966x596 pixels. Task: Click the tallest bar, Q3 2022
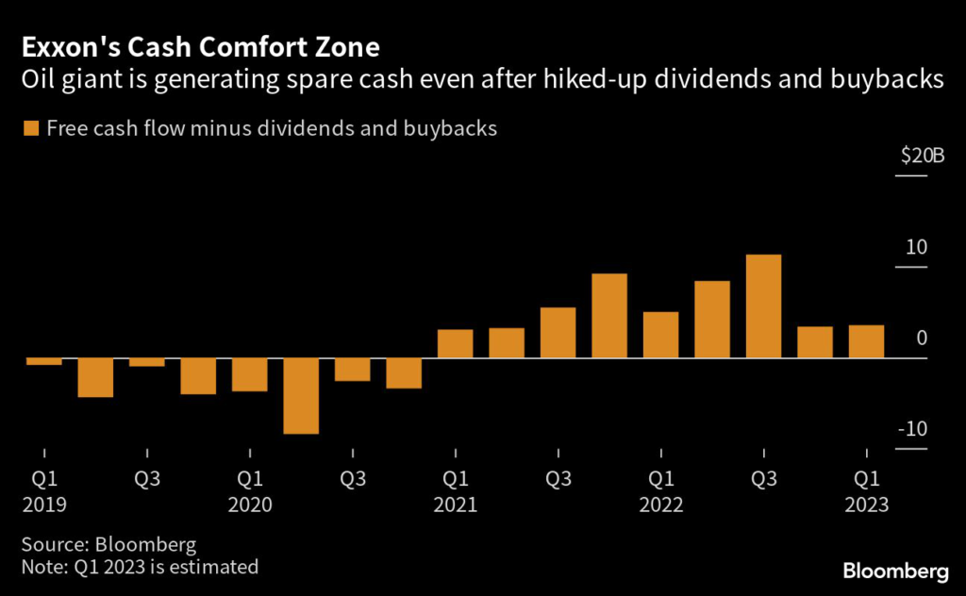pos(763,306)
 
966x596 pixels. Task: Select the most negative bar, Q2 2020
pos(301,396)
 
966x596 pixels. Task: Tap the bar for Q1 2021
pos(455,344)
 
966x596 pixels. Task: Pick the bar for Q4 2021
pos(609,316)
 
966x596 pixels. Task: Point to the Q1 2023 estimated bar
pos(866,341)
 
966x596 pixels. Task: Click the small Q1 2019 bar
pos(43,361)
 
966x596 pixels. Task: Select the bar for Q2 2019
pos(95,378)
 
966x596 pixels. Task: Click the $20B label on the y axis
pos(922,157)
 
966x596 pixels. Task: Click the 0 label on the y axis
pos(922,339)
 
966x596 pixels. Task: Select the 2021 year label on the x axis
pos(455,505)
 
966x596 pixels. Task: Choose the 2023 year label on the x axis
pos(867,505)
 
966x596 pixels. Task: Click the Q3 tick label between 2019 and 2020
pos(145,479)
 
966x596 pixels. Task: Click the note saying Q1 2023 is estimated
pos(140,568)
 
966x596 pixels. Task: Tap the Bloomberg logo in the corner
pos(895,571)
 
